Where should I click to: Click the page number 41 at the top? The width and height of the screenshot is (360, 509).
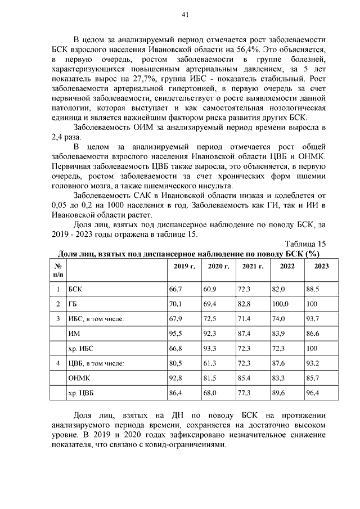tap(184, 15)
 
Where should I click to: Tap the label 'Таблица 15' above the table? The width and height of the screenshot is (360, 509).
tap(305, 244)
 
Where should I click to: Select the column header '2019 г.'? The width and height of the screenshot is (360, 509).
tap(184, 266)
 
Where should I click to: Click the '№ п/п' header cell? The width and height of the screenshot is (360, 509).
tap(58, 270)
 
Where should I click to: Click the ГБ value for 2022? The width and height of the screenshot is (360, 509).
tap(280, 304)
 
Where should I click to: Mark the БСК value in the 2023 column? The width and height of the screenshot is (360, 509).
tap(313, 289)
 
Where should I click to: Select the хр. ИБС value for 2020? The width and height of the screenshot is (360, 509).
tap(210, 349)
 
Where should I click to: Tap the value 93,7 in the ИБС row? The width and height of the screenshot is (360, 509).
tap(313, 319)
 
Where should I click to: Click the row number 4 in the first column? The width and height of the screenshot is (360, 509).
tap(57, 363)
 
